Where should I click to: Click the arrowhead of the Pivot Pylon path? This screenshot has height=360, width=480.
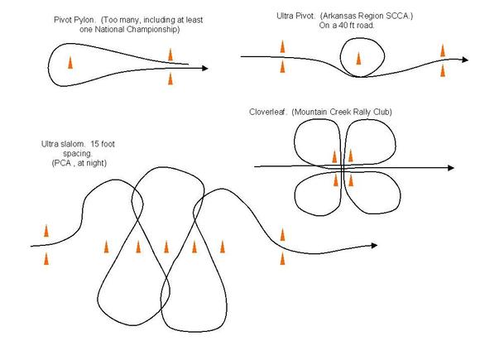coord(205,68)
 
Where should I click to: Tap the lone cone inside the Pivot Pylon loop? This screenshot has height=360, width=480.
coord(70,62)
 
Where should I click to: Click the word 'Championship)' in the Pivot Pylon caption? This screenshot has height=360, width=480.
coord(152,30)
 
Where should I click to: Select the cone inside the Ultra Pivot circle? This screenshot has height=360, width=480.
coord(358,59)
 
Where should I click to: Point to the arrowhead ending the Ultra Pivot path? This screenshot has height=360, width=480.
coord(465,60)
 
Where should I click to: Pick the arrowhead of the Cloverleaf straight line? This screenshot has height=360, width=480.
coord(450,168)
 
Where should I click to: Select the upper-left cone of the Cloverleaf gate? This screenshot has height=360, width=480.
coord(334,156)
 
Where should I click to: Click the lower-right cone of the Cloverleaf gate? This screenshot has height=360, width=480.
coord(351,180)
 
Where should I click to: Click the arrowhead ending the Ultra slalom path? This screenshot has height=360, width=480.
coord(374,245)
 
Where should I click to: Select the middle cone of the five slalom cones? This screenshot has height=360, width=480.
coord(166,247)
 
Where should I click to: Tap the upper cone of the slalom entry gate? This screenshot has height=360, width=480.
coord(46,231)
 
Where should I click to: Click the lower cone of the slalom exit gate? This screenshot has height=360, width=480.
coord(282,258)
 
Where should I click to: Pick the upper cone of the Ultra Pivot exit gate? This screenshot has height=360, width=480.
coord(443,50)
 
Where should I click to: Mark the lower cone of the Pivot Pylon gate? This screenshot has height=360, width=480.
coord(170,79)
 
